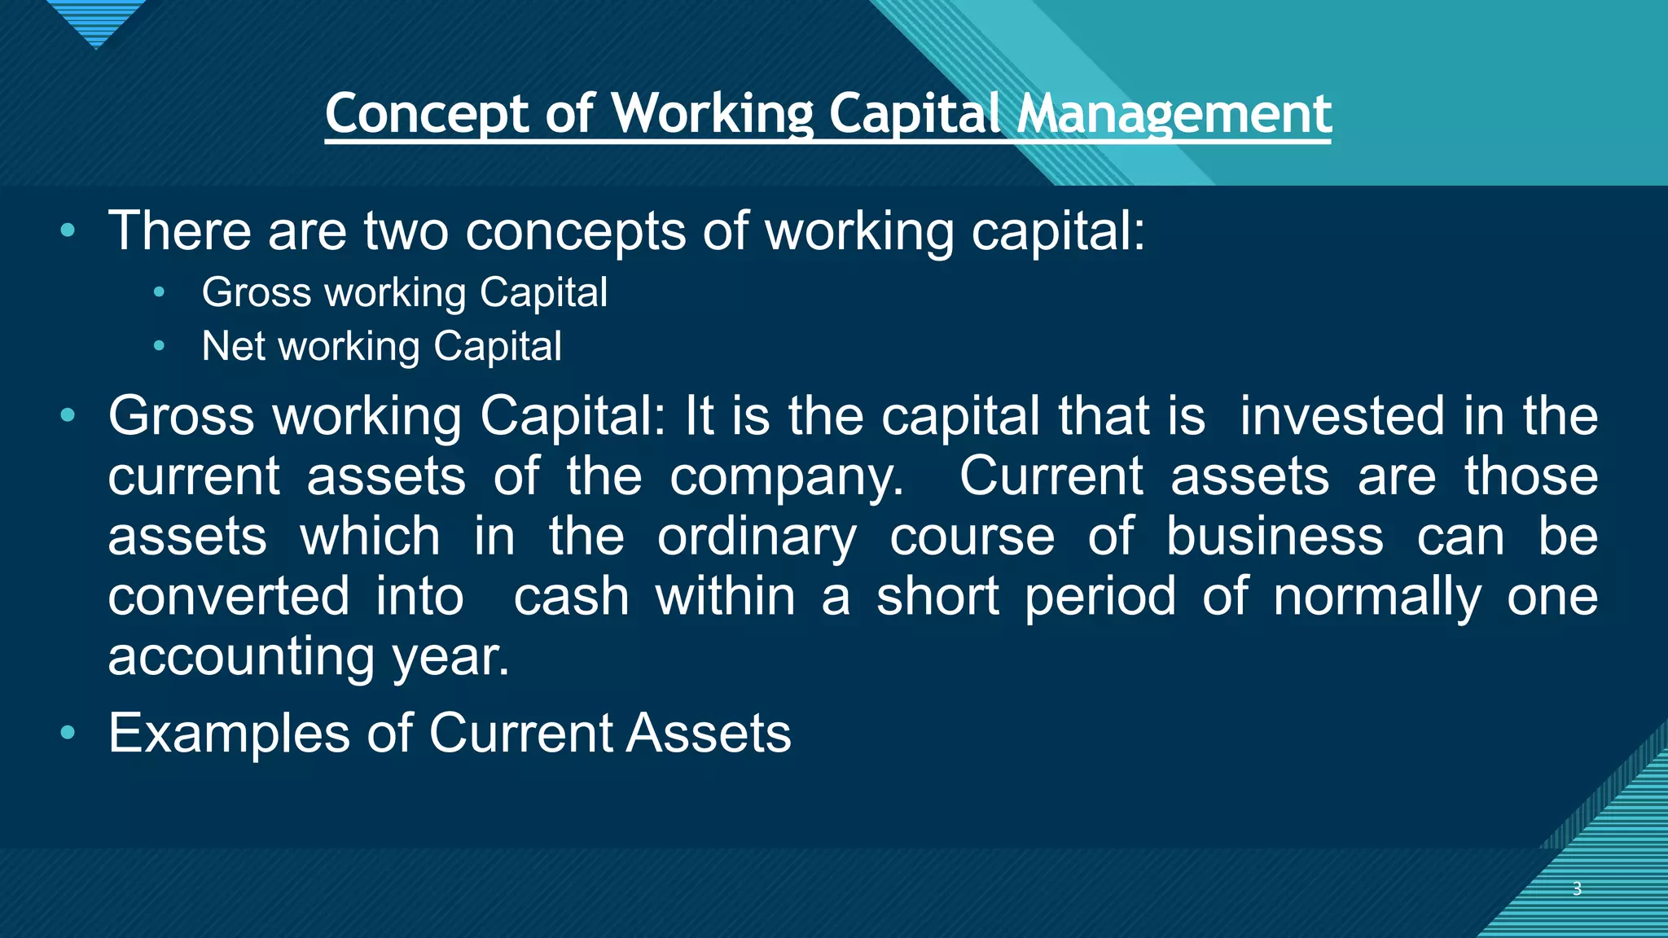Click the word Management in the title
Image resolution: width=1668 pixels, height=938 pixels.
1174,114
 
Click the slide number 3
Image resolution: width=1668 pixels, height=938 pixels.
1577,888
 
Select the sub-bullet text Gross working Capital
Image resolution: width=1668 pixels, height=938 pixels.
404,293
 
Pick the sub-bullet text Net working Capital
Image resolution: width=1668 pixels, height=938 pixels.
381,347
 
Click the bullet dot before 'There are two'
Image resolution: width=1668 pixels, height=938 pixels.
68,231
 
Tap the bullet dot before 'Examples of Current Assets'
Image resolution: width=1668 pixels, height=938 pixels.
68,733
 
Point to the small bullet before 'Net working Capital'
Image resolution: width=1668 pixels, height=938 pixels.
159,347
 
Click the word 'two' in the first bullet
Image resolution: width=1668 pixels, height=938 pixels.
406,231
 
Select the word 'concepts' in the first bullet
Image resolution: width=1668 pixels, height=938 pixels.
575,233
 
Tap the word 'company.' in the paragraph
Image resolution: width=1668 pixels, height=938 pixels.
786,478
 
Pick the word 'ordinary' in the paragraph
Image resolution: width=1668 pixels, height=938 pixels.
757,538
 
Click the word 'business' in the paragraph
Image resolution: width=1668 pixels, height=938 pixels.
1275,537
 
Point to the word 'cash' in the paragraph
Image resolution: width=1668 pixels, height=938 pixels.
571,597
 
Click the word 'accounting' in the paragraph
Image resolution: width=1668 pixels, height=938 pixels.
240,658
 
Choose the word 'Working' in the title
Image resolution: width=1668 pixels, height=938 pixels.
712,114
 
